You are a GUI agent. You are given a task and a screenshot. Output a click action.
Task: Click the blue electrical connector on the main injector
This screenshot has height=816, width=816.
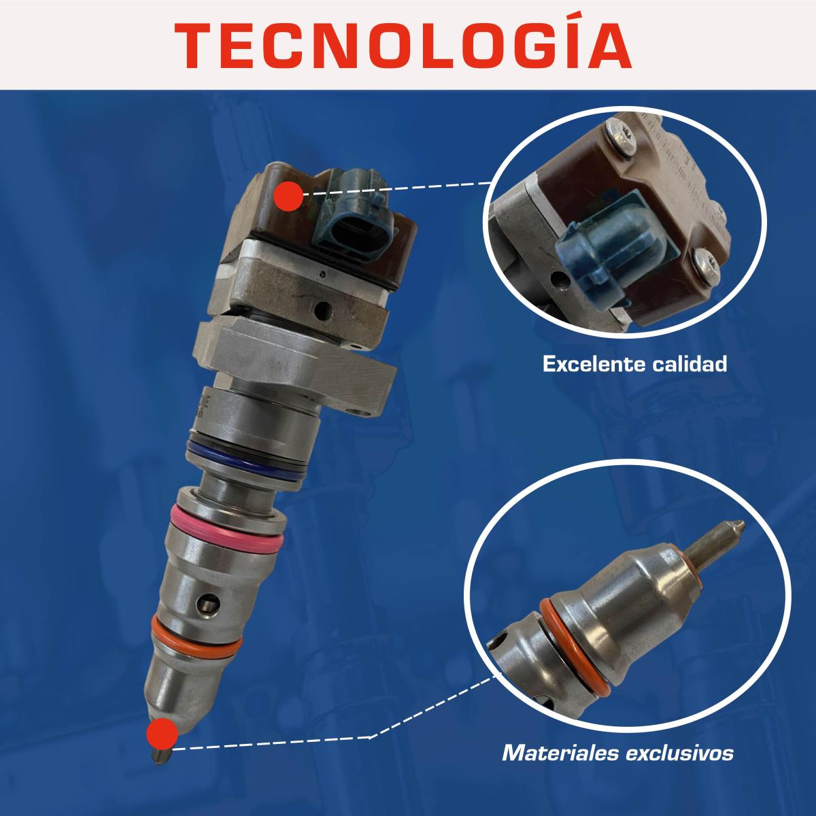(x=354, y=214)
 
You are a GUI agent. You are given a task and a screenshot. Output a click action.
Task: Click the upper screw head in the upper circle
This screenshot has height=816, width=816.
(x=622, y=137)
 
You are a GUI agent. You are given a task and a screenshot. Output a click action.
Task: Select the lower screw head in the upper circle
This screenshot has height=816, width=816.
(x=708, y=265)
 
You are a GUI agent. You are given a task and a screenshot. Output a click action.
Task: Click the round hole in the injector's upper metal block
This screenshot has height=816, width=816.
(x=324, y=310)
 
